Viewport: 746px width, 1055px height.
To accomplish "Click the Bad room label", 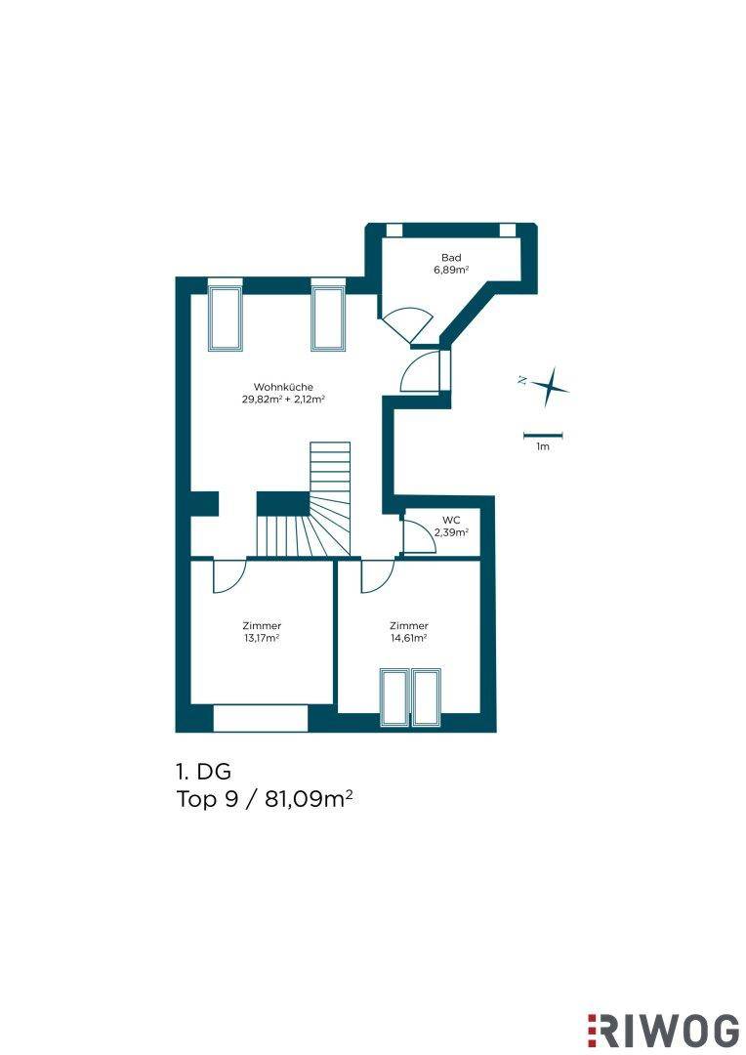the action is coord(451,258).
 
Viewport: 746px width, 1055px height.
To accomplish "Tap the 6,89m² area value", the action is coord(451,270).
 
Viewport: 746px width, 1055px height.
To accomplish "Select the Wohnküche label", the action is coord(283,387).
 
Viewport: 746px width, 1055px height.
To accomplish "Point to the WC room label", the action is coord(451,520).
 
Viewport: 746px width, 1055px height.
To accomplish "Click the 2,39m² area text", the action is coord(451,532).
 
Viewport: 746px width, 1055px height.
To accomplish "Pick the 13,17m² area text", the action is coord(262,638).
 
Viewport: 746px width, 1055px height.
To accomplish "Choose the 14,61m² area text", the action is coord(409,638).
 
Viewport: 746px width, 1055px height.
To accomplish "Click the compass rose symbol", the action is coord(550,386).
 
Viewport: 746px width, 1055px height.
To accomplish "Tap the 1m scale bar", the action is coord(543,436).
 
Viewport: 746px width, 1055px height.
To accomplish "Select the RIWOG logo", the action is coord(663,1031).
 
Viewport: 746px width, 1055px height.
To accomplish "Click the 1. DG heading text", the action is coord(203,771).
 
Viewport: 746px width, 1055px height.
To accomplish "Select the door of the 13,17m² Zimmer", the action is coord(229,576).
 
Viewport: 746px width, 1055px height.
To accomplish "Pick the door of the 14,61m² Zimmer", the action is coord(377,576).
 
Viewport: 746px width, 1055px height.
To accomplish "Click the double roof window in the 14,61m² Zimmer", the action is coord(410,697).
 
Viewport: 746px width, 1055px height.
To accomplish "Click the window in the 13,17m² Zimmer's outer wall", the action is coord(261,718).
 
